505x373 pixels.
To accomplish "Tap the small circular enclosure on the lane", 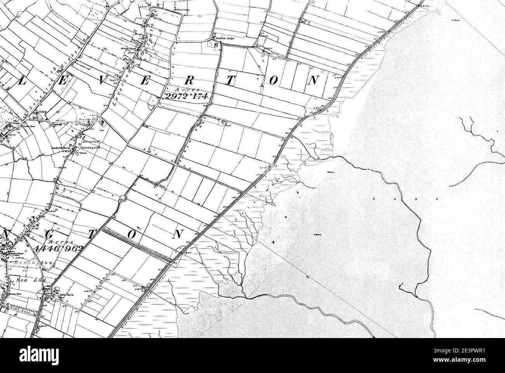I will pos(124,197).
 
